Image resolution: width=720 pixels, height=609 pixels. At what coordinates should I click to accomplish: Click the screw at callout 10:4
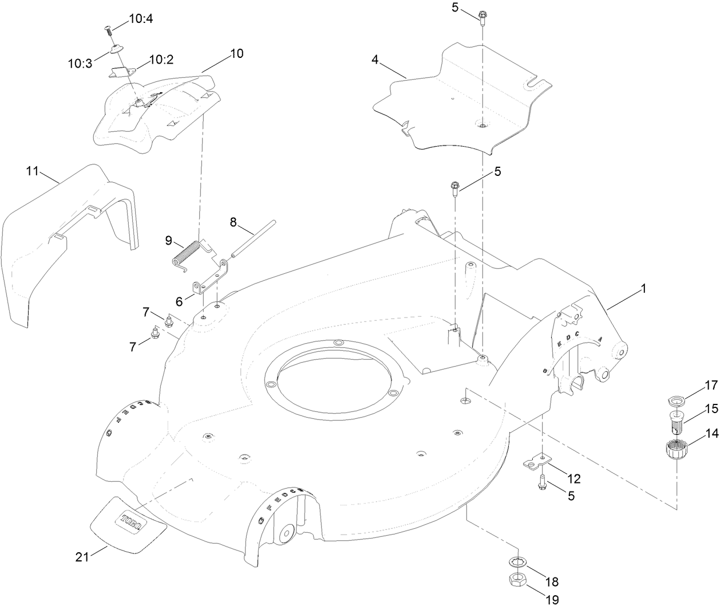pyautogui.click(x=107, y=29)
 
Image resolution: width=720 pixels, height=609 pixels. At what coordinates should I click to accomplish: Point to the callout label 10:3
pyautogui.click(x=80, y=64)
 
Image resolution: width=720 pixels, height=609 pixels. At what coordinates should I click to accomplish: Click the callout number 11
pyautogui.click(x=33, y=171)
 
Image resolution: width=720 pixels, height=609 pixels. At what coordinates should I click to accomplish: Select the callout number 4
pyautogui.click(x=375, y=60)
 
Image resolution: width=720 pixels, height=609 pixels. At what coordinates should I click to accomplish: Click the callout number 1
pyautogui.click(x=643, y=289)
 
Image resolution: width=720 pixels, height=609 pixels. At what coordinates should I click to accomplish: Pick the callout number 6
pyautogui.click(x=179, y=300)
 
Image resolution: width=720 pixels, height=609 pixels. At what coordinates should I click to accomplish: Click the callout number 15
pyautogui.click(x=711, y=409)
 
